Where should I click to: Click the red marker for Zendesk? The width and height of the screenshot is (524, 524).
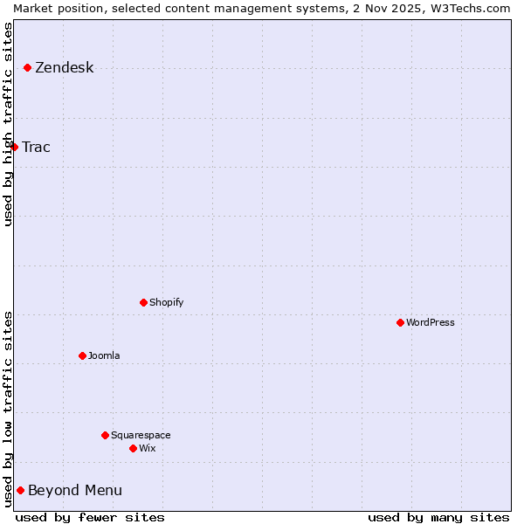pos(28,67)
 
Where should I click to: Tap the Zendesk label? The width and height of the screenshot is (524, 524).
pos(64,68)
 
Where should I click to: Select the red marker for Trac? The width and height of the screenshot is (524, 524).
pos(14,147)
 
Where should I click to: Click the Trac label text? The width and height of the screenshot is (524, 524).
pos(36,147)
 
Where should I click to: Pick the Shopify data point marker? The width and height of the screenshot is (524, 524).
pos(143,302)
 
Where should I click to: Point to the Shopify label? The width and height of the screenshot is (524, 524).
pos(166,302)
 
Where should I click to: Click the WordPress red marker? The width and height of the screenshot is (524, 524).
pos(400,322)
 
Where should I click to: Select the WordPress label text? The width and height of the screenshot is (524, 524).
pos(430,322)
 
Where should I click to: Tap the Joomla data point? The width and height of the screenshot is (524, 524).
pos(82,355)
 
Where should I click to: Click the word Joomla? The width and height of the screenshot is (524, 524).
pos(104,355)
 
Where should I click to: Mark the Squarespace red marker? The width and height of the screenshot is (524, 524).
pos(105,435)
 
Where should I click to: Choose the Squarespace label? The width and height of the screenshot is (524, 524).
pos(141,435)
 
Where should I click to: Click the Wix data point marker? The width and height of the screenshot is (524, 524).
pos(133,448)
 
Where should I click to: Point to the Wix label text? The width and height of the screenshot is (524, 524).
pos(147,448)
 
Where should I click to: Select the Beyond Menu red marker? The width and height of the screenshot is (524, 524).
pos(20,490)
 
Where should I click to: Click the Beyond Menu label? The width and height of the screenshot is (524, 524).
pos(75,490)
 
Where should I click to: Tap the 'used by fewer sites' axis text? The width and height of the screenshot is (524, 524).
pos(90,517)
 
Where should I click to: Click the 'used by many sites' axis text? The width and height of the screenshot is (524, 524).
pos(438,517)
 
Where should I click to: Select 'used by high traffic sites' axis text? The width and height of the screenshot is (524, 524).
pos(8,124)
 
